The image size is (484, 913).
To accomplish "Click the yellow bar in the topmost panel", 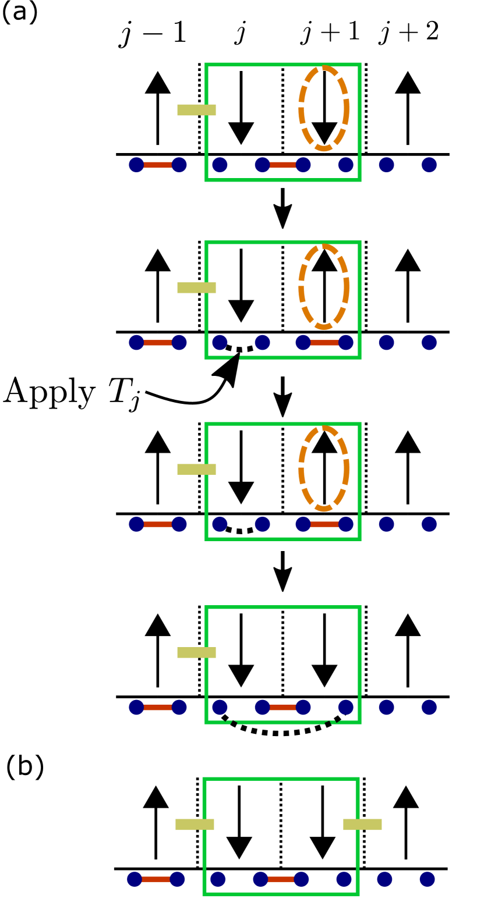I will (196, 110).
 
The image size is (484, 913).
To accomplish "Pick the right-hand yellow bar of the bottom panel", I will (362, 825).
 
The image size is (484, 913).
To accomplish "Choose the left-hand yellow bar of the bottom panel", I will (195, 825).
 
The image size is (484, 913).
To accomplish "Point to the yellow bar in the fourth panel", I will (196, 653).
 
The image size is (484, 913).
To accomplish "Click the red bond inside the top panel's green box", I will (282, 165).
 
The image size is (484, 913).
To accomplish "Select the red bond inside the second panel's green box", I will (324, 343).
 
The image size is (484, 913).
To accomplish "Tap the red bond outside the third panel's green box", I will (158, 524).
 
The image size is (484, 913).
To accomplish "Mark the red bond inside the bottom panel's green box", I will (281, 879).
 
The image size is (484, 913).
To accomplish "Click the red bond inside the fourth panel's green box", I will (282, 708).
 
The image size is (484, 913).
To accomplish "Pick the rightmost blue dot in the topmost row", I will (429, 165).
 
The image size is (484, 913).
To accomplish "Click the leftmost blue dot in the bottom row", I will (135, 879).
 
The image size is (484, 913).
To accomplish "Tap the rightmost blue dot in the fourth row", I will (429, 708).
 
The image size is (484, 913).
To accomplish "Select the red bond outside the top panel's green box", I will (158, 165).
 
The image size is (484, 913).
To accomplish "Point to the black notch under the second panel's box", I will (235, 357).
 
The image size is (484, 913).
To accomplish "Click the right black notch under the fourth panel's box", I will (333, 722).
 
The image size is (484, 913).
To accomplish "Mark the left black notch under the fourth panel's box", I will (231, 722).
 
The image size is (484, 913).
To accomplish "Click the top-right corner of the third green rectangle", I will (359, 424).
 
